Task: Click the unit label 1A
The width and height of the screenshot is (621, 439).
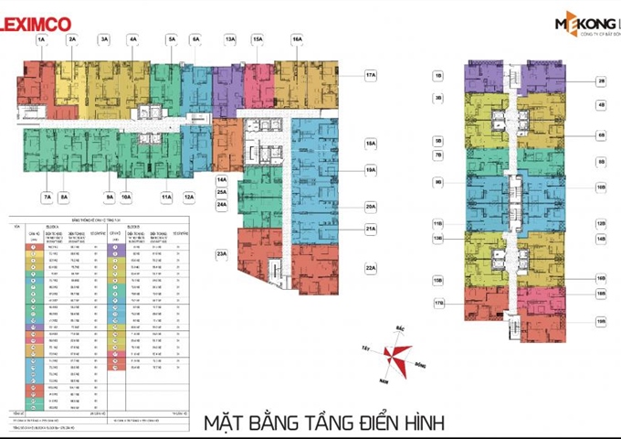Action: [41, 40]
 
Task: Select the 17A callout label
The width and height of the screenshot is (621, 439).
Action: [370, 76]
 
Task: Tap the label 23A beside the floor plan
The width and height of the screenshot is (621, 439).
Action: [221, 255]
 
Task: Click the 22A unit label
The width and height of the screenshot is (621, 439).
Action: [370, 269]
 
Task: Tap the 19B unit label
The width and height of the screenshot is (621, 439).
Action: [601, 321]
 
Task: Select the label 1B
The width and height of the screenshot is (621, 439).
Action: [438, 76]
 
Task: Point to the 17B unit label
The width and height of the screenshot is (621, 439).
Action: [438, 303]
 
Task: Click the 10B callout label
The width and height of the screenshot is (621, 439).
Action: [601, 187]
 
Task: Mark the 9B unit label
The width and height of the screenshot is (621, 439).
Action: [438, 182]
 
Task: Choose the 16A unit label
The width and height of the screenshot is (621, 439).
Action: [297, 40]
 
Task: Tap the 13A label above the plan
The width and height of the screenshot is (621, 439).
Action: [230, 40]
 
